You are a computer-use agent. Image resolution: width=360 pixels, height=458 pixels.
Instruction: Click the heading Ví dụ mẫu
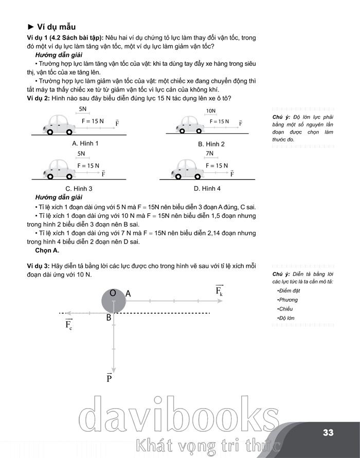[x=54, y=27]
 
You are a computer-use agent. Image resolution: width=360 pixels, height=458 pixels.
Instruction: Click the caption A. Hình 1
[x=85, y=143]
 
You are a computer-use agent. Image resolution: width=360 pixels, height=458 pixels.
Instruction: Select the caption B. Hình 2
[x=211, y=144]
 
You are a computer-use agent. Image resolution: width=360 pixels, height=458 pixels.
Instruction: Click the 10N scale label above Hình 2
[x=210, y=111]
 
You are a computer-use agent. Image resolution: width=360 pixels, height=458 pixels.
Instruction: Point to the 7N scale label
[x=209, y=153]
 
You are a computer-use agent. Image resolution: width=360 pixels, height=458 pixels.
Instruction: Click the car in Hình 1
[x=58, y=124]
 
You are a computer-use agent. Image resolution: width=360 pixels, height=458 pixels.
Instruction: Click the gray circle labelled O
[x=114, y=300]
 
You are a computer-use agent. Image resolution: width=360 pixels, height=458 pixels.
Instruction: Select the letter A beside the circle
[x=129, y=294]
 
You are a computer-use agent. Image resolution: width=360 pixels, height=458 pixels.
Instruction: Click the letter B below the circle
[x=109, y=318]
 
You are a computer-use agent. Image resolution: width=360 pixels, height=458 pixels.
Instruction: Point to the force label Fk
[x=219, y=291]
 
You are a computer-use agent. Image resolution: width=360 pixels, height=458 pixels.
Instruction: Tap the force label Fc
[x=68, y=324]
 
